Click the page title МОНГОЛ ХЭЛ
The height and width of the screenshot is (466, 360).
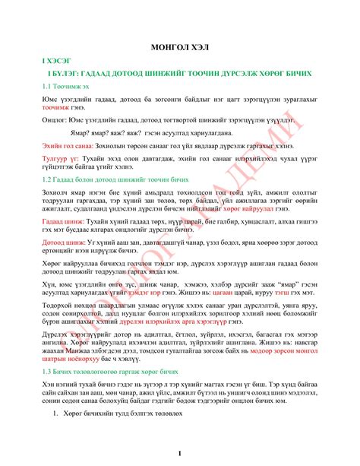tap(179, 47)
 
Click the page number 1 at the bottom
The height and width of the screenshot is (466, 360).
tap(179, 453)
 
